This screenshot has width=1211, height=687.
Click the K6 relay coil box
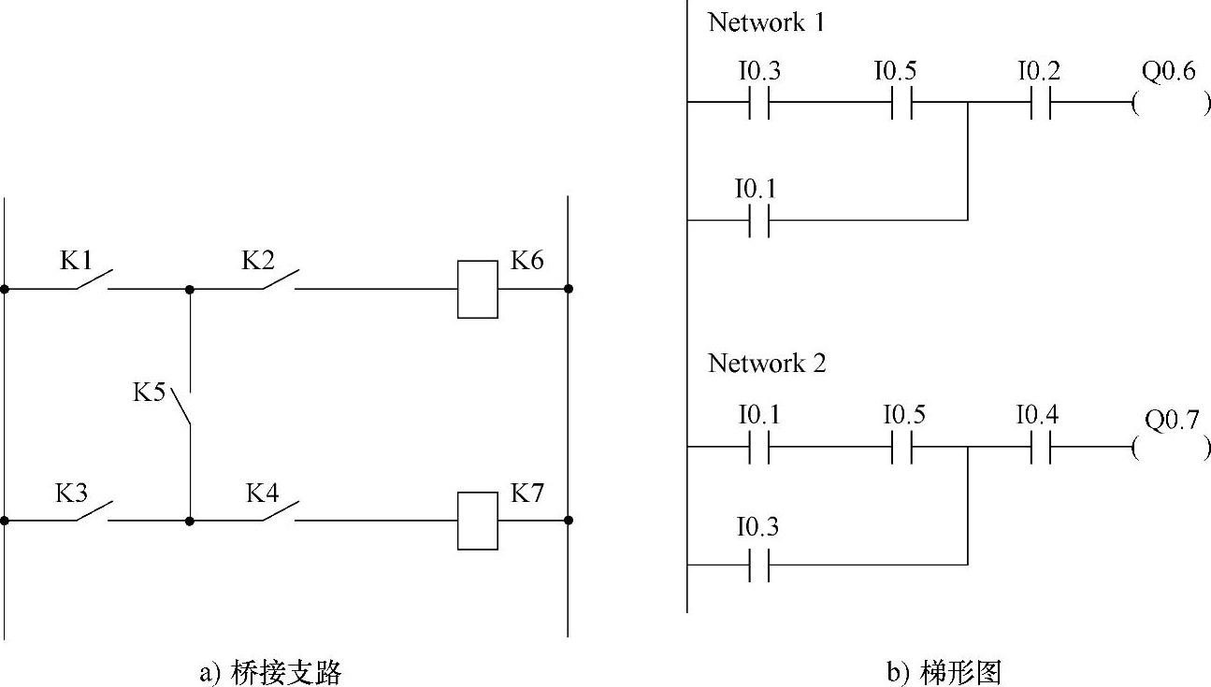click(x=477, y=289)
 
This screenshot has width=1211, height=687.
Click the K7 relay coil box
click(x=477, y=521)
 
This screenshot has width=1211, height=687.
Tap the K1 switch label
click(x=77, y=260)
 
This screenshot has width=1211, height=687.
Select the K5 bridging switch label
click(x=150, y=392)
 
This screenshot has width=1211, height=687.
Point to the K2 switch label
click(x=258, y=260)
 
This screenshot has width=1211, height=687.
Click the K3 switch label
click(x=71, y=493)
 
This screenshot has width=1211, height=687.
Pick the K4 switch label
click(x=263, y=493)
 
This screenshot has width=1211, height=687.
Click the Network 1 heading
click(x=767, y=22)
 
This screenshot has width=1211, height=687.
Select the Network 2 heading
click(x=767, y=363)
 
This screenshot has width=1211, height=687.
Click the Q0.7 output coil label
click(x=1172, y=420)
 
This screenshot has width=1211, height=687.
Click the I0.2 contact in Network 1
click(x=1040, y=103)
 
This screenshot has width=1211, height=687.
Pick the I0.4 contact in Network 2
click(x=1040, y=447)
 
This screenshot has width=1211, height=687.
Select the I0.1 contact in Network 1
click(x=759, y=221)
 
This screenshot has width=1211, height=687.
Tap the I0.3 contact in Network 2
click(x=759, y=565)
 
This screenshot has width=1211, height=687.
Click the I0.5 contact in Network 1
click(x=899, y=103)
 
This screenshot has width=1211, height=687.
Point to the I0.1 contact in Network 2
click(x=759, y=447)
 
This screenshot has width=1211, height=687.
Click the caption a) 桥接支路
click(x=270, y=672)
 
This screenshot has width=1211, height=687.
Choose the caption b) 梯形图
click(x=944, y=672)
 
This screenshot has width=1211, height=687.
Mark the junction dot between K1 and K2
click(x=190, y=289)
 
